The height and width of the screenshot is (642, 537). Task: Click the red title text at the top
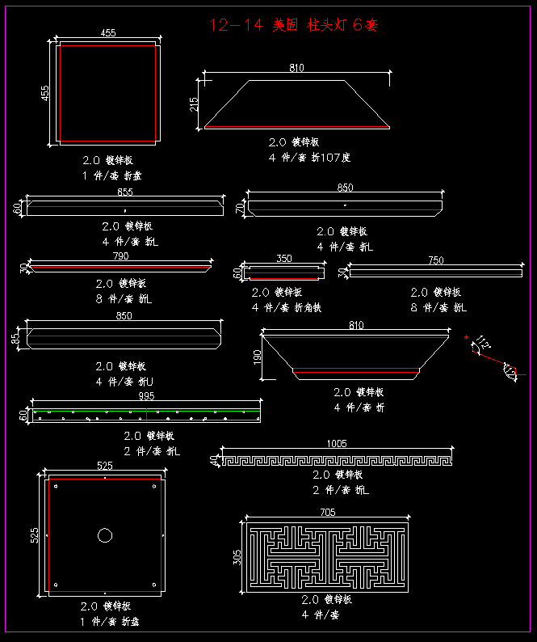293,25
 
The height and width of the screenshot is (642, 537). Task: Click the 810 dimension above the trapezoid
296,68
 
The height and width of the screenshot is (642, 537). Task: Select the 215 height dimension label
194,104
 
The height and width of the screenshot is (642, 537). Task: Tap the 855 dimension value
125,192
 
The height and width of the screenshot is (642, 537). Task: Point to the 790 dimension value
120,257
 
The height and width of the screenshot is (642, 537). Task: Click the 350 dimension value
283,259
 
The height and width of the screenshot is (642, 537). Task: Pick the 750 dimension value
435,260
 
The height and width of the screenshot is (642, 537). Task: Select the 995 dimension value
146,396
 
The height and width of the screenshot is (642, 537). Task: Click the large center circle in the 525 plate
105,534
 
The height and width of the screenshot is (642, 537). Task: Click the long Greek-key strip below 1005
336,461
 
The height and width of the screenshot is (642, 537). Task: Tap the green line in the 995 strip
146,412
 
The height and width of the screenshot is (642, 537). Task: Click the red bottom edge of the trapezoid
296,127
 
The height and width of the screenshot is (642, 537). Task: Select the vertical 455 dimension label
45,93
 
